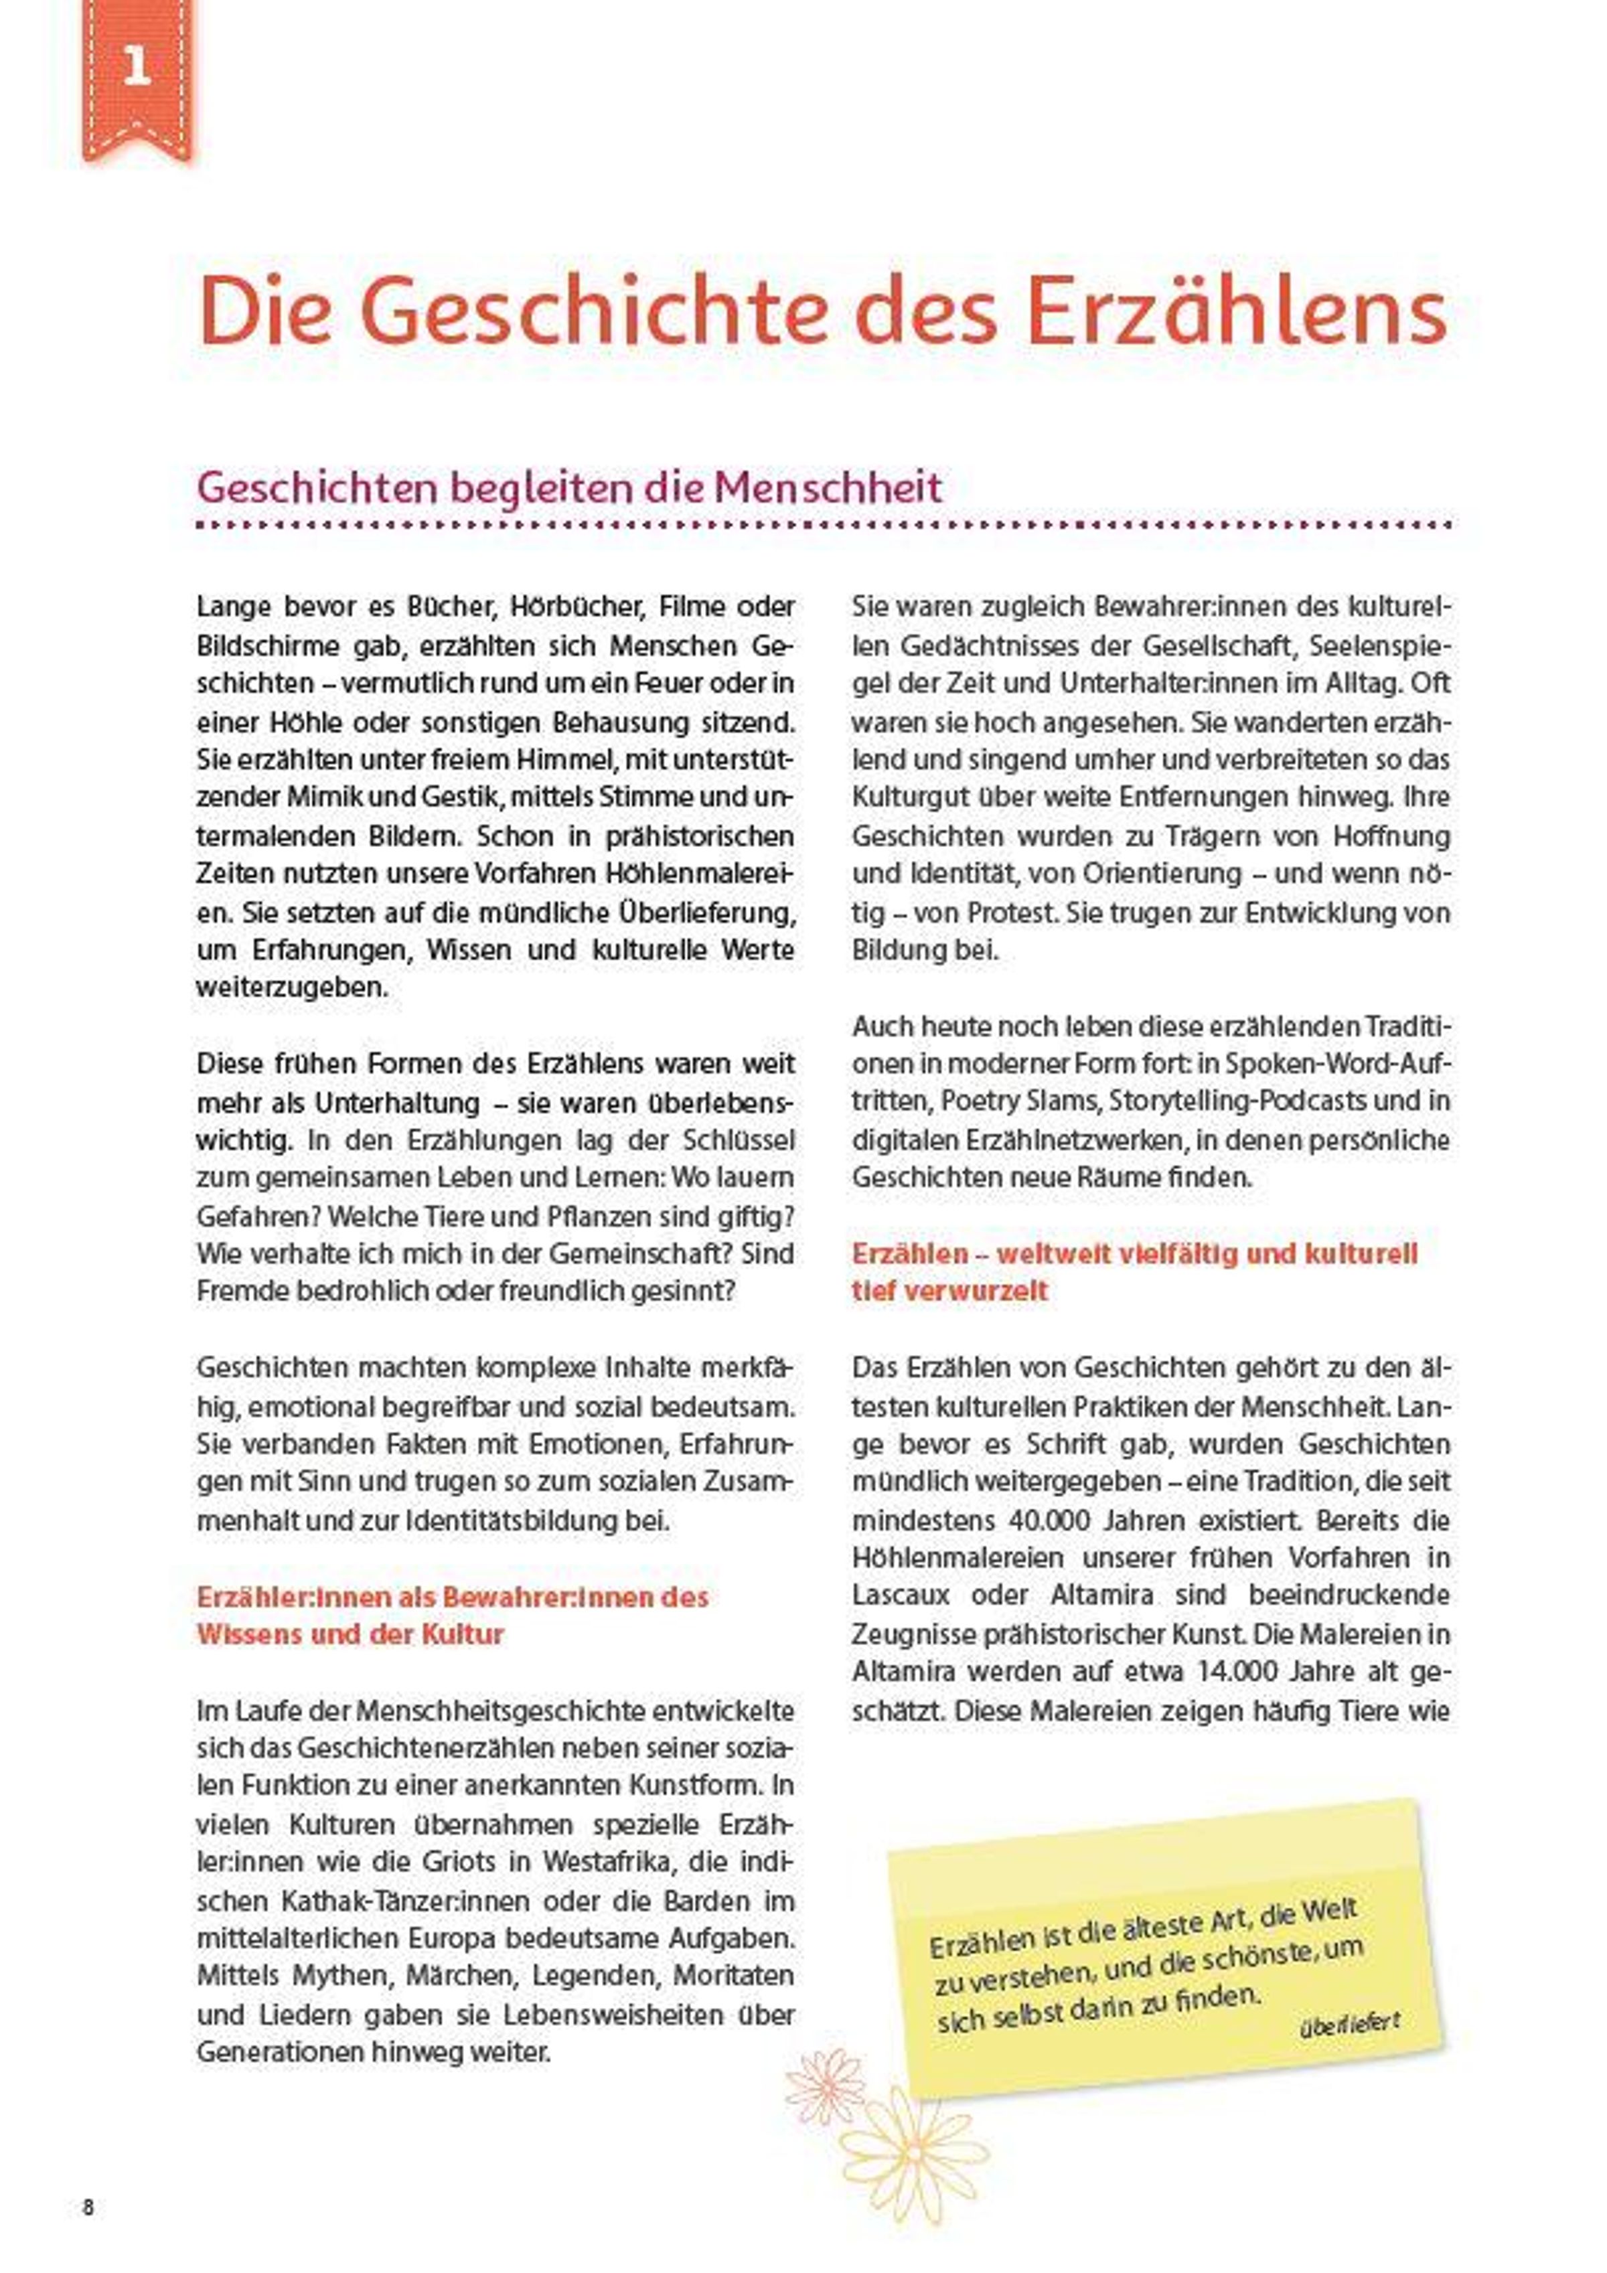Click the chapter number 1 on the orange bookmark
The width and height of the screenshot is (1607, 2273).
coord(137,68)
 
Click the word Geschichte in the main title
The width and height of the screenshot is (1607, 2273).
coord(600,313)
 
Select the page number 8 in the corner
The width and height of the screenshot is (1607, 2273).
coord(88,2207)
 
